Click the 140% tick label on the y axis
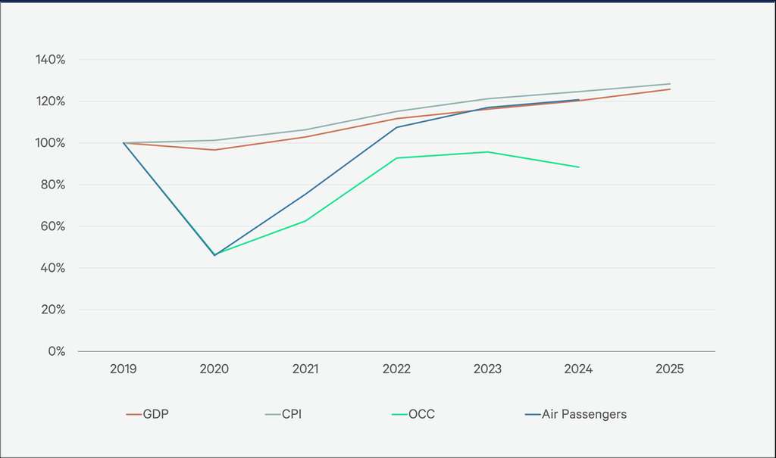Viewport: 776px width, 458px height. (50, 60)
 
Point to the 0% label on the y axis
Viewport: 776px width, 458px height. (56, 351)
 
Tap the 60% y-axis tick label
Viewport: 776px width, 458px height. (52, 226)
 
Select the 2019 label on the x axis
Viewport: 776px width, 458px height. (124, 369)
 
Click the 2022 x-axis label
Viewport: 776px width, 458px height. (396, 369)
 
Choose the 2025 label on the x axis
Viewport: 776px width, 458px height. (670, 369)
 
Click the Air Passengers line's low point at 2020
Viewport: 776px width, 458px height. (214, 255)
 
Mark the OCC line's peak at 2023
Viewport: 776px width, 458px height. (488, 151)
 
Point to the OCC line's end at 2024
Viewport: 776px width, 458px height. (579, 167)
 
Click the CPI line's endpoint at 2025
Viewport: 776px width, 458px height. (670, 84)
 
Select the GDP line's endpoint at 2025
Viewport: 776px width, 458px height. (670, 89)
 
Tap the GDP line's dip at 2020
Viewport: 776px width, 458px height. (214, 150)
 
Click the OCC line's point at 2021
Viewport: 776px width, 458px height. (305, 221)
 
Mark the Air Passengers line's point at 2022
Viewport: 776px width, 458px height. (396, 127)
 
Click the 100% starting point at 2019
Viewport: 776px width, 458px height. (124, 143)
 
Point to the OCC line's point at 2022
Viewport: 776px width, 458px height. (396, 158)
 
